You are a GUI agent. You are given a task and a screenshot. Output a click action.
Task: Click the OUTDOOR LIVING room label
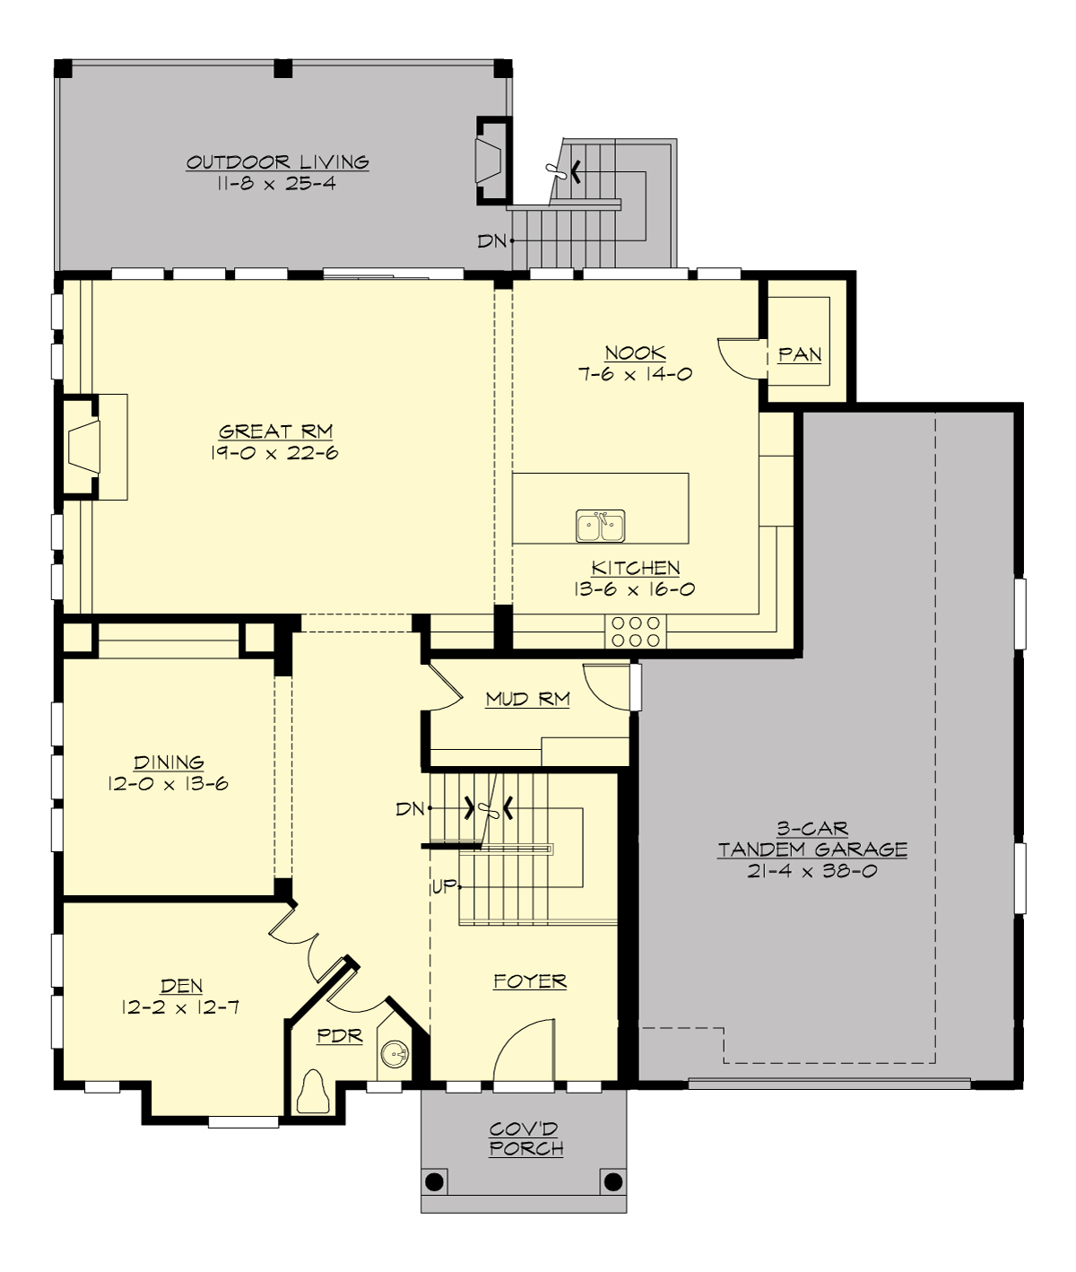(277, 162)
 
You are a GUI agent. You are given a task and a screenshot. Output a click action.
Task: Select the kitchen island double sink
(601, 526)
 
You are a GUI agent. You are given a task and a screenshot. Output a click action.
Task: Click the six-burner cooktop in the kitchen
(637, 631)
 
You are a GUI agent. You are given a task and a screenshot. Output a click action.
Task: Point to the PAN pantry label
(800, 354)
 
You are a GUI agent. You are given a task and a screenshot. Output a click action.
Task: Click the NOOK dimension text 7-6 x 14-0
(635, 375)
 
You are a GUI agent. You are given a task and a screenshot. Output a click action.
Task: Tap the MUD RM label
(527, 699)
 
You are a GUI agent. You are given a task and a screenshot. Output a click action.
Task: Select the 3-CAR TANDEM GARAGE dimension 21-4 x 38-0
(812, 871)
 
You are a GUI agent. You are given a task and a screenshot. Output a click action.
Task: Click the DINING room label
(169, 762)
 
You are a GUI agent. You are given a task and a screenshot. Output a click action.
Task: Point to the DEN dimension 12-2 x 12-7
(180, 1007)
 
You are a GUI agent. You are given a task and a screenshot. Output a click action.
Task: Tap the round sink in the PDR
(394, 1053)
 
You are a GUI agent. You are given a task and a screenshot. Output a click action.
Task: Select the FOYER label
(530, 981)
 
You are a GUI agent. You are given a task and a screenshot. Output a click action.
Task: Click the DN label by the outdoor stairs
(491, 240)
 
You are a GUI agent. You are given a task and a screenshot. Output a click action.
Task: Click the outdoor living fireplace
(489, 161)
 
